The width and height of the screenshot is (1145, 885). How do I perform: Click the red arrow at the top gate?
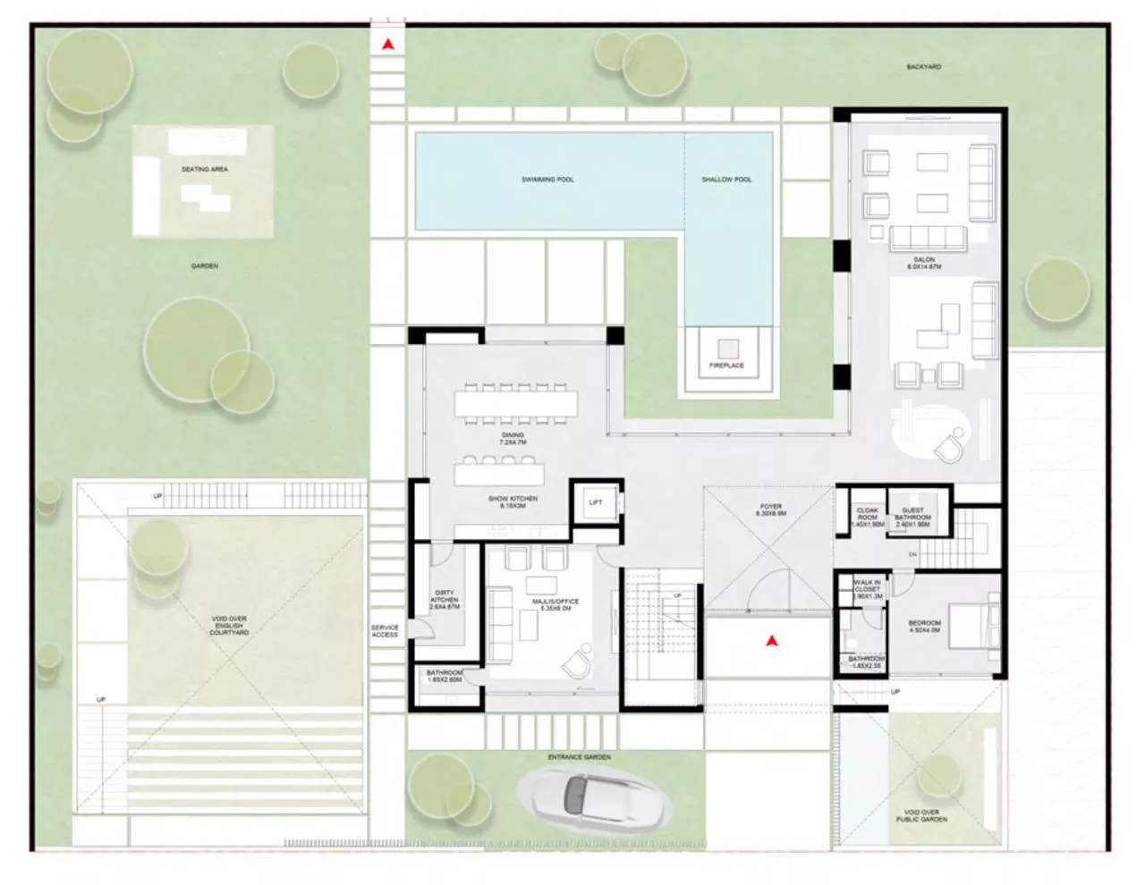(x=387, y=43)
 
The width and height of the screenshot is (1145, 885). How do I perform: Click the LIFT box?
(x=596, y=503)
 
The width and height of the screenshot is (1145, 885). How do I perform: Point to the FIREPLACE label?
(x=726, y=366)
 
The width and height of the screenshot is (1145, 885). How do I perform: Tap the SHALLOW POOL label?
(x=726, y=180)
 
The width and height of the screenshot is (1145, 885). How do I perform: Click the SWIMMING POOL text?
(x=547, y=180)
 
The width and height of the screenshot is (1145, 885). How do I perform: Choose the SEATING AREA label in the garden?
(x=205, y=169)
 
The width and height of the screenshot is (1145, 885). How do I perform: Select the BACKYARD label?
(x=923, y=67)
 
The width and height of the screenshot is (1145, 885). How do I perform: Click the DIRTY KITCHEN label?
(x=445, y=600)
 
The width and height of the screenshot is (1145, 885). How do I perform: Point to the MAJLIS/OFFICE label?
(x=555, y=605)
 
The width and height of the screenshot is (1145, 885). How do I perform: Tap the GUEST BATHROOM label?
(x=912, y=518)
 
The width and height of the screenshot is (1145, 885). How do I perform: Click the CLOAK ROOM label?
(x=866, y=518)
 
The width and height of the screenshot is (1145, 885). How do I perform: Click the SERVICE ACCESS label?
(x=385, y=631)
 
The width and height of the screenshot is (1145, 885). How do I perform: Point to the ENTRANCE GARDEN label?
(x=580, y=757)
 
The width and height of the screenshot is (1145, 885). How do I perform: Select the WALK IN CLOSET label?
(x=867, y=588)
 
